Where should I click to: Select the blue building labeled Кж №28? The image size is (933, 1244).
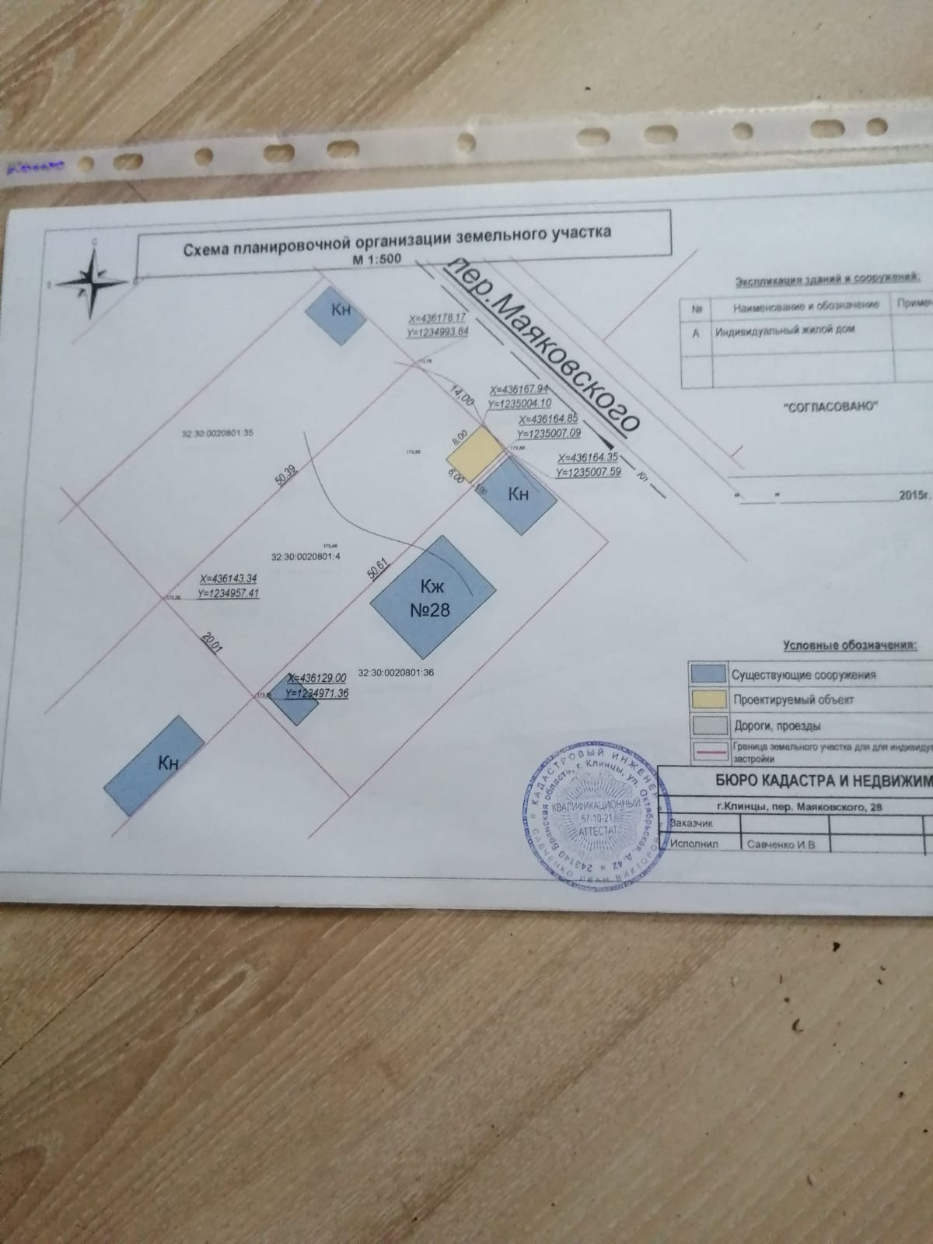tap(432, 596)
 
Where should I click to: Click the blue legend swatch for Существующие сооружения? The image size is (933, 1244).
tap(708, 673)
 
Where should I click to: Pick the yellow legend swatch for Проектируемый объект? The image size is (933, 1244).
tap(708, 699)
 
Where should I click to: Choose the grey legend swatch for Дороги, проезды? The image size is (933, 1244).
tap(708, 725)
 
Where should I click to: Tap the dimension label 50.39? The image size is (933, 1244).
tap(286, 473)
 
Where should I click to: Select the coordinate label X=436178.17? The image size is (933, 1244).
tap(437, 319)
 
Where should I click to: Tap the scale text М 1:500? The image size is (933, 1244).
tap(377, 259)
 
